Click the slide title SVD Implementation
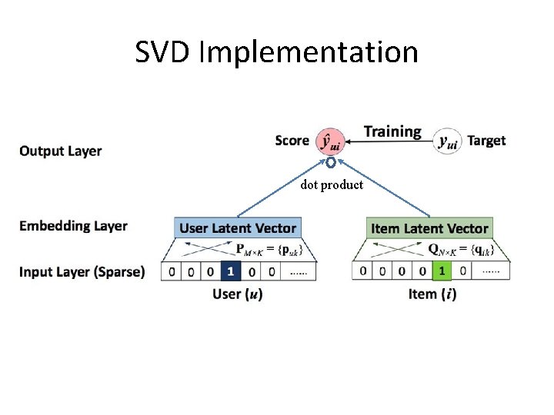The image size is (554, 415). point(276,52)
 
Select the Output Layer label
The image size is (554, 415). point(61,151)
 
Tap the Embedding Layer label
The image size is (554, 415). point(73,226)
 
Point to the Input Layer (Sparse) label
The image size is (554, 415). point(82,271)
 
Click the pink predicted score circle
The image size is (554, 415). point(332,141)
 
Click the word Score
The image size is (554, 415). point(292,141)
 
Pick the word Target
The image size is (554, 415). point(486,141)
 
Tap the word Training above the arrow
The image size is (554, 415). point(392,131)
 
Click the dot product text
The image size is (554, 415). point(332,185)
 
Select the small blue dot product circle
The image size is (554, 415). point(330,163)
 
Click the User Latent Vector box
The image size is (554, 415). point(238,228)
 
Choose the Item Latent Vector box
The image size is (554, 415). point(429,228)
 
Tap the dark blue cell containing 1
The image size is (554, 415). point(230,271)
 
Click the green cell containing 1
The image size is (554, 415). point(441,271)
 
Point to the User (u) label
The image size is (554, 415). point(238,294)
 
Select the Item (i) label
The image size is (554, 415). point(432,294)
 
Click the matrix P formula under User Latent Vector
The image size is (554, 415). point(269,250)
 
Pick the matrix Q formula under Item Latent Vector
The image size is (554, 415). point(460,250)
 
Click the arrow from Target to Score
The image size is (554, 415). point(389,142)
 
